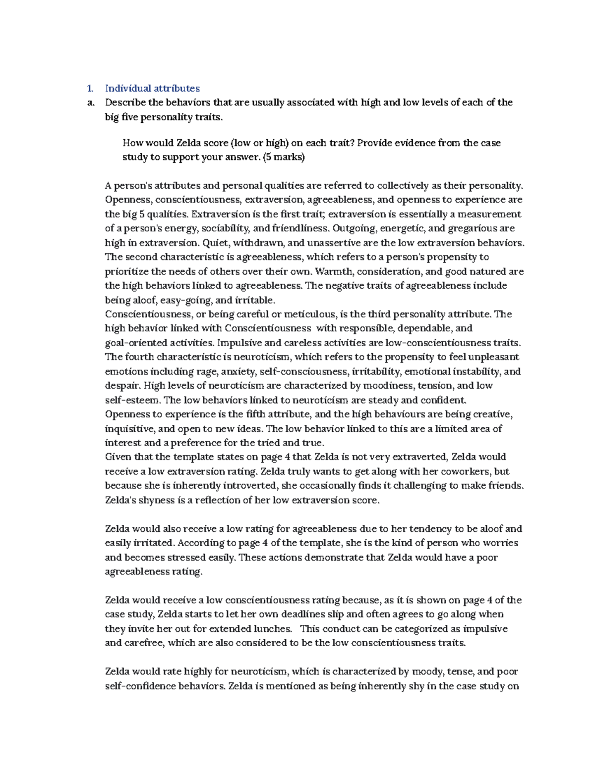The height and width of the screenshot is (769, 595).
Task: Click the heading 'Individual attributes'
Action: pos(152,89)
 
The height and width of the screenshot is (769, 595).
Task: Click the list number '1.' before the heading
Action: pos(90,89)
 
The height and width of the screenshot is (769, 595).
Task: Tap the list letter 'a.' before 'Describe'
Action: pos(90,103)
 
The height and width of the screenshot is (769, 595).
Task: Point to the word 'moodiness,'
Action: pos(389,386)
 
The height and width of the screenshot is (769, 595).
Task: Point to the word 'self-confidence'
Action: pos(140,686)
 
